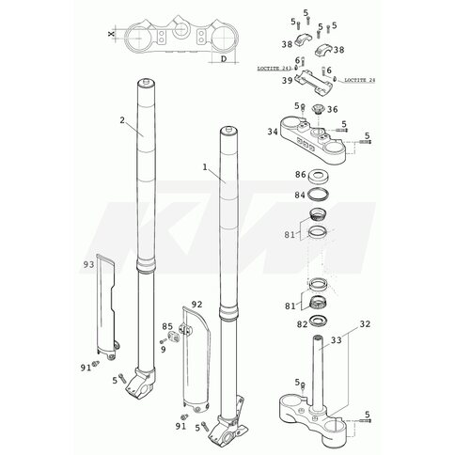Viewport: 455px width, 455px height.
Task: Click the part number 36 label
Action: (x=333, y=109)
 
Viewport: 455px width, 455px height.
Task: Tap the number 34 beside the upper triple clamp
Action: (x=273, y=132)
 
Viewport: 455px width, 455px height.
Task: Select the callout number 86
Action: (x=301, y=174)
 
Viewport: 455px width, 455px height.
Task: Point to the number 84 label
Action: (x=300, y=195)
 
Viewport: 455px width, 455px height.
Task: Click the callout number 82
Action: (x=302, y=324)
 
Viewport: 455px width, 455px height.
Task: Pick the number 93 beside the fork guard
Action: (x=88, y=265)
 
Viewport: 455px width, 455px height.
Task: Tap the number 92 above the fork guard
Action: (x=196, y=305)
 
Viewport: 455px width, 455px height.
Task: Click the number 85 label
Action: (x=167, y=326)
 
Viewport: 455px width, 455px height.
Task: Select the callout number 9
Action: (x=164, y=349)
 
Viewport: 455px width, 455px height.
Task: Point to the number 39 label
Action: (x=287, y=81)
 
